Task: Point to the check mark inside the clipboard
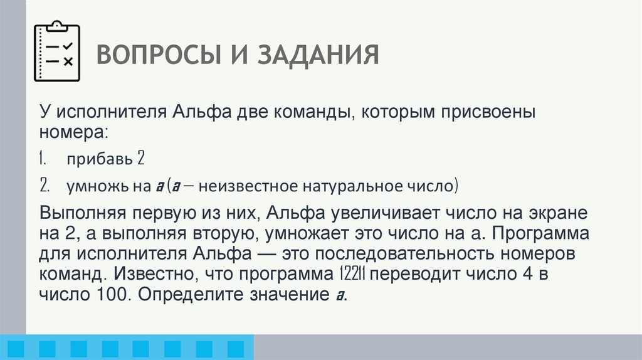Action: pyautogui.click(x=68, y=46)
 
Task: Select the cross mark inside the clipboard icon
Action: pyautogui.click(x=68, y=61)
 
